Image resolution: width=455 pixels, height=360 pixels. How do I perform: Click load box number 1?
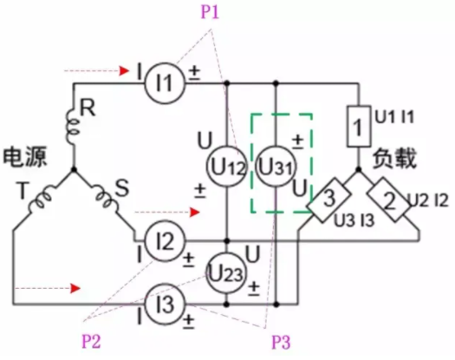point(359,126)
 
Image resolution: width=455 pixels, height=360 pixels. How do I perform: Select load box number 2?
point(388,200)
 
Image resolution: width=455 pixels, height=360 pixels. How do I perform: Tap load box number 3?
point(328,200)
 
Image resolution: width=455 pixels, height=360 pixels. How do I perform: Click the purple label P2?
point(91,341)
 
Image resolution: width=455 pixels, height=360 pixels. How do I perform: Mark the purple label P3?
point(281,342)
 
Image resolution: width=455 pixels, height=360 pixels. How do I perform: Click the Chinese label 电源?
point(25,157)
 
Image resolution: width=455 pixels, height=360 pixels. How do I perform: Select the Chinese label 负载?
point(394,159)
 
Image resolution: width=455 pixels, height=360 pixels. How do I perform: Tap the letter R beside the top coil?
point(88,108)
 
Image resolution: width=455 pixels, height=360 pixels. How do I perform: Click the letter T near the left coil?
point(22,190)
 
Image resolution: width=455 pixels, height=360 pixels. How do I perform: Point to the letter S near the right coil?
point(122,188)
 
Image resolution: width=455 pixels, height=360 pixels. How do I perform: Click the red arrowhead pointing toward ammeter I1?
point(125,70)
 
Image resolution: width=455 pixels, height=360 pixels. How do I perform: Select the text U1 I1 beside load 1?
point(394,117)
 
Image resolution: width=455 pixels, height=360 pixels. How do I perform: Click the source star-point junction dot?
point(74,169)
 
